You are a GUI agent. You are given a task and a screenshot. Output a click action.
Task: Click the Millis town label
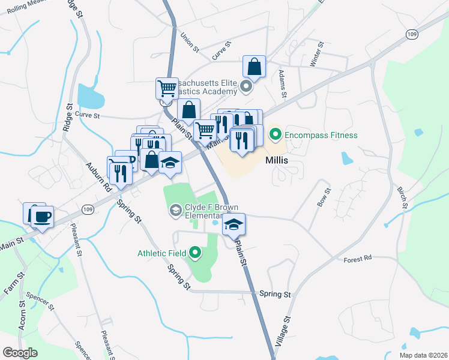277,161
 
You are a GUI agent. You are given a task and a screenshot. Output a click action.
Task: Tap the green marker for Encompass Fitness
276,134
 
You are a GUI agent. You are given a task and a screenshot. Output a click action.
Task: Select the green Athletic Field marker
194,253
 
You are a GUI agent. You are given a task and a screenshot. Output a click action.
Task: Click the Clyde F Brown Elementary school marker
176,209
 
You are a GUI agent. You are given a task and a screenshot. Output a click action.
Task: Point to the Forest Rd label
358,258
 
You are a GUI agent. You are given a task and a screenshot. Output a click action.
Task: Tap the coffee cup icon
42,217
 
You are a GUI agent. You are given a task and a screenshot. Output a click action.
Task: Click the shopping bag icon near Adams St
255,67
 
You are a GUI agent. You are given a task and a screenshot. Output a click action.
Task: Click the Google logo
20,353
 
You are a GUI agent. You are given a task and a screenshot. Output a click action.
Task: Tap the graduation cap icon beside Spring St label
170,163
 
